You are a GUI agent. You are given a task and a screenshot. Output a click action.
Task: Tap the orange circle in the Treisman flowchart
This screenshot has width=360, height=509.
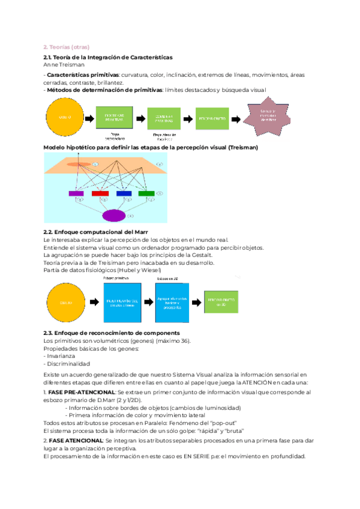[65, 116]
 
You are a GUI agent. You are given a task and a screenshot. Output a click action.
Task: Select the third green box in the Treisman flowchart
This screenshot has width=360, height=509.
[212, 118]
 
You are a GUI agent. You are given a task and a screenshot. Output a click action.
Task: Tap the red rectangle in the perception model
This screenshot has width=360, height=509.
[100, 193]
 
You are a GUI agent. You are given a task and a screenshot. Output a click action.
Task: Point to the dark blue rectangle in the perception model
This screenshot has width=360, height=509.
[124, 193]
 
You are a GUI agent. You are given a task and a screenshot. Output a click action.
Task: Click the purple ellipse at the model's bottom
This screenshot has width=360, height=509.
[114, 215]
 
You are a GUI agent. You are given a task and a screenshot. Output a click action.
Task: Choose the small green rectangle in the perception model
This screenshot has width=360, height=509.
[146, 193]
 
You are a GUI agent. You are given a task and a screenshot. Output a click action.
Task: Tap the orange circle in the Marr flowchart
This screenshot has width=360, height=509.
[65, 303]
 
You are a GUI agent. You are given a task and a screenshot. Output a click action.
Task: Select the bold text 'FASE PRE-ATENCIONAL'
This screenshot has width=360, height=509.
[76, 392]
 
